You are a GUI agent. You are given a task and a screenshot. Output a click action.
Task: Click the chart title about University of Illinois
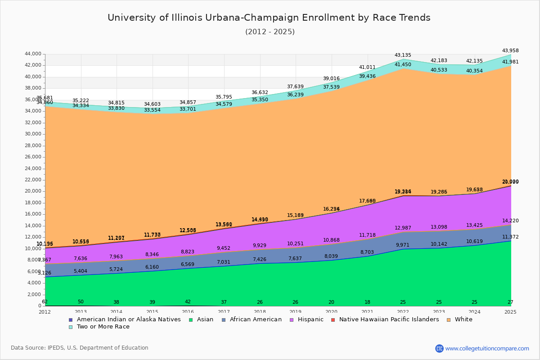269,18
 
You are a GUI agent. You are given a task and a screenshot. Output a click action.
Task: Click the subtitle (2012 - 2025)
270,32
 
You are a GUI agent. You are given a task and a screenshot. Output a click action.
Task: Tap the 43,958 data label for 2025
510,51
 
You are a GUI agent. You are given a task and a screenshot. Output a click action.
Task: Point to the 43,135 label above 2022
403,55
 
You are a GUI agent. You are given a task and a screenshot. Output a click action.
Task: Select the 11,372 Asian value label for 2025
510,237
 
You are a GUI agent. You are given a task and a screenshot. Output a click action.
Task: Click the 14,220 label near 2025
510,221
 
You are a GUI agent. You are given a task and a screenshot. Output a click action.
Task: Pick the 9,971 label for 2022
403,245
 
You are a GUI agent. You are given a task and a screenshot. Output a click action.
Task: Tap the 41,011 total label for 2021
367,67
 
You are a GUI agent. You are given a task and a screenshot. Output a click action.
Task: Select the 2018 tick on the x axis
260,312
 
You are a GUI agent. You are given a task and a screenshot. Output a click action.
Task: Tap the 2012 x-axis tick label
45,312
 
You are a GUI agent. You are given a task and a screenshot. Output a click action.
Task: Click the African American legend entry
255,319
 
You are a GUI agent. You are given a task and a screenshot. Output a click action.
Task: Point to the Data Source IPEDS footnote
80,348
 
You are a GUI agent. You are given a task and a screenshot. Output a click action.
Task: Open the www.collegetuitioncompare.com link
487,348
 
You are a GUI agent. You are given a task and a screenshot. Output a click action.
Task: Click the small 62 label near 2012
45,302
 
